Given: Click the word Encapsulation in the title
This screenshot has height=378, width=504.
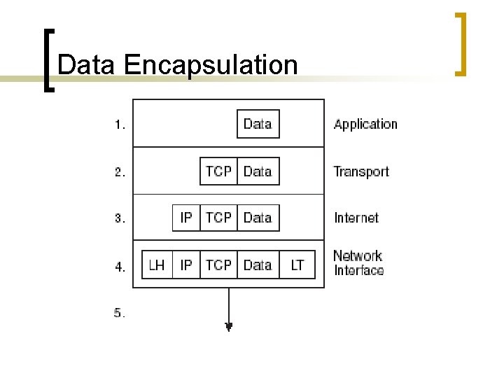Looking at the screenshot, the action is [x=211, y=65].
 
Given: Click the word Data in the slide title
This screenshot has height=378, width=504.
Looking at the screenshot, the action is [x=87, y=65].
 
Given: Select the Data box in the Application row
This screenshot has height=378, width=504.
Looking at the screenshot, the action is [x=258, y=125].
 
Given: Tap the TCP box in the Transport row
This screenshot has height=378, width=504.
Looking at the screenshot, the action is [x=218, y=171].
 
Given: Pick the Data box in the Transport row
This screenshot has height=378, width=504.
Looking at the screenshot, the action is [x=258, y=171].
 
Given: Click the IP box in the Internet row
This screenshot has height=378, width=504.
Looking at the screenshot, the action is [x=186, y=218].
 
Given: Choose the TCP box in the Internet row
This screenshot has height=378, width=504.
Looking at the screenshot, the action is [x=218, y=218].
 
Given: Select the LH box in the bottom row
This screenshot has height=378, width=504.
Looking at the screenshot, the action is [x=157, y=265].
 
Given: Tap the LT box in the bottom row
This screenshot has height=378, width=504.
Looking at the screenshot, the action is [x=297, y=265].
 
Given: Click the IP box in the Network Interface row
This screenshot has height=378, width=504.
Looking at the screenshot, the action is [x=186, y=265].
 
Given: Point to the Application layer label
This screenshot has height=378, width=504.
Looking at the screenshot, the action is [x=365, y=125].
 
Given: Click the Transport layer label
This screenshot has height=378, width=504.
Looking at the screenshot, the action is [x=361, y=171].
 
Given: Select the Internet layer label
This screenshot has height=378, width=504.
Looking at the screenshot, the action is [x=356, y=218].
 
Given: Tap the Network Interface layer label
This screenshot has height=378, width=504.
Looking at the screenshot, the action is [x=358, y=263].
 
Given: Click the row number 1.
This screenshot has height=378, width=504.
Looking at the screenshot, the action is [x=120, y=126].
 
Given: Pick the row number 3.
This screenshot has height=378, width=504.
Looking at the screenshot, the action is [x=120, y=219].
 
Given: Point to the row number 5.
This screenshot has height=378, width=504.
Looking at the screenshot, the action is [x=120, y=314].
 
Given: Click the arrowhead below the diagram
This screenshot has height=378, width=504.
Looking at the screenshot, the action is [x=228, y=325].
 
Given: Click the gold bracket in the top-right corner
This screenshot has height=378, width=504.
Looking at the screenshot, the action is [x=461, y=43].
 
